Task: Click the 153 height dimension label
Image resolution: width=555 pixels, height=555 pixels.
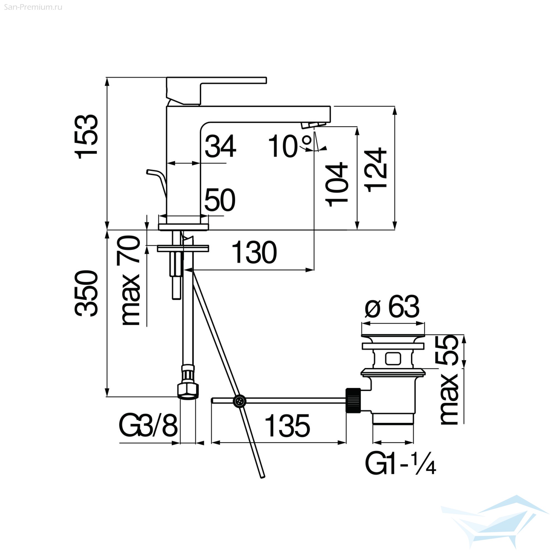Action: click(87, 137)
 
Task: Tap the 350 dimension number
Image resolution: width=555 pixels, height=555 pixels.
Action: click(87, 293)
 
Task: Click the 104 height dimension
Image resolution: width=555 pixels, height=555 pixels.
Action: click(337, 185)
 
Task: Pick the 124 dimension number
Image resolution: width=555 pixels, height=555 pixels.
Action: click(375, 170)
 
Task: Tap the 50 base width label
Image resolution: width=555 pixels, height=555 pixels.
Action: click(220, 200)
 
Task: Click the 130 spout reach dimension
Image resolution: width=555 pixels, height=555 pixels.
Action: click(254, 253)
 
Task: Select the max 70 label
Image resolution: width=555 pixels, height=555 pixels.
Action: click(128, 280)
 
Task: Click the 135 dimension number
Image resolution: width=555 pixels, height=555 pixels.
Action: click(287, 426)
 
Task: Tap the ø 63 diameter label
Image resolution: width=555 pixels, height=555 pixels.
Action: click(392, 307)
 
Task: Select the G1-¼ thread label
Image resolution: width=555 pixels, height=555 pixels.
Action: click(400, 464)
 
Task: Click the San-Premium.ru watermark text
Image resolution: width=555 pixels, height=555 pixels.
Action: click(33, 7)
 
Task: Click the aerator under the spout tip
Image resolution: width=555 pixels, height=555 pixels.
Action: click(313, 125)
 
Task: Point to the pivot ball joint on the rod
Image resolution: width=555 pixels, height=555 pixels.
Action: click(239, 401)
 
